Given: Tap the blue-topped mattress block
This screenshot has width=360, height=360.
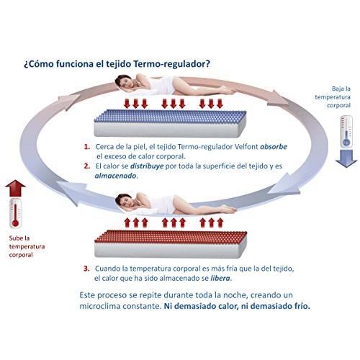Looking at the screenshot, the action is tap(170, 124).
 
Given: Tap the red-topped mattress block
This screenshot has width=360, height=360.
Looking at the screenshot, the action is tap(171, 244).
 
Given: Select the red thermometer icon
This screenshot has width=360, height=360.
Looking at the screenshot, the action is tap(15, 213).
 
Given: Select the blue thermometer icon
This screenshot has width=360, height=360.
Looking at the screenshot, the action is tap(346, 131).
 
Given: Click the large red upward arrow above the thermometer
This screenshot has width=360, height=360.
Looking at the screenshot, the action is tap(15, 188).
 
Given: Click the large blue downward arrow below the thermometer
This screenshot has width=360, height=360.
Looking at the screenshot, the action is tap(346, 158).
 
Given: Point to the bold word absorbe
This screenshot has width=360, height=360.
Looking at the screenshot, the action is tap(274, 146).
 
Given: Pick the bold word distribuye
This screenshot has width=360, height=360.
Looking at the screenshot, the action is tap(147, 166).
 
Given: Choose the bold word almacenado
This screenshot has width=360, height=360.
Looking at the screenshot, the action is tap(115, 176).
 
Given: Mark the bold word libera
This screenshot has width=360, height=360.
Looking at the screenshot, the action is tap(220, 278).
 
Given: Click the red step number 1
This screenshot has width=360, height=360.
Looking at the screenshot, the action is tap(86, 147).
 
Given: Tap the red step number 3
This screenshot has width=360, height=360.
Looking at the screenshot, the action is tap(86, 269).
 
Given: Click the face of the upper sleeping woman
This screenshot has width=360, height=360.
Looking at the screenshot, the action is tap(124, 82).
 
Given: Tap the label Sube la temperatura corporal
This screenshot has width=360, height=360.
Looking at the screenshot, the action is tap(27, 246).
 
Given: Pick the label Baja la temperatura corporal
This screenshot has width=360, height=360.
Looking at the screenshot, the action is tap(333, 97).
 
